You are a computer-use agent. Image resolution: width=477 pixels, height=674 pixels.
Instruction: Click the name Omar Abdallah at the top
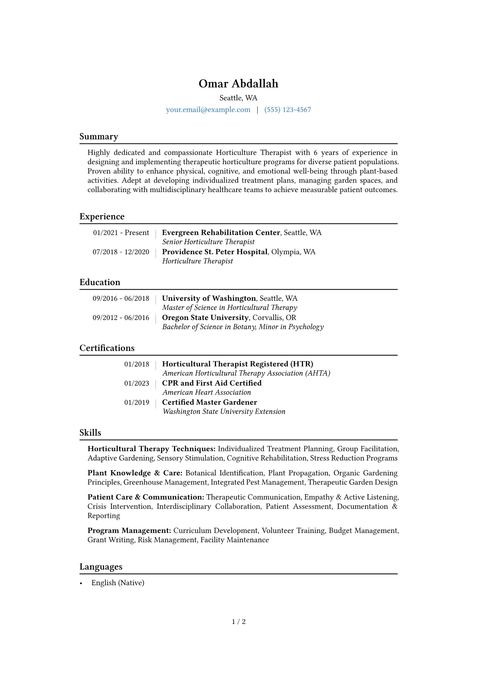(238, 84)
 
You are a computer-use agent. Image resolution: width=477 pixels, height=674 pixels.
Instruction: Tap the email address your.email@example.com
(208, 110)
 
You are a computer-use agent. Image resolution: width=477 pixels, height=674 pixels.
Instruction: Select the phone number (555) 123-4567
(287, 110)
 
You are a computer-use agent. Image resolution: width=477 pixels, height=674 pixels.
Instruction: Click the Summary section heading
(99, 137)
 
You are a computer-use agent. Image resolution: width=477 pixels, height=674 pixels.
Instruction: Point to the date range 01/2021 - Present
(121, 233)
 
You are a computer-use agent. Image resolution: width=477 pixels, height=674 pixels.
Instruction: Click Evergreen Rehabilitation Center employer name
(221, 233)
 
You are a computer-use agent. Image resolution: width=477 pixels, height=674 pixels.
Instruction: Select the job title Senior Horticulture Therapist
(208, 242)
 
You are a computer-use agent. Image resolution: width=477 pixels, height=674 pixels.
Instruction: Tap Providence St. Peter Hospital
(214, 252)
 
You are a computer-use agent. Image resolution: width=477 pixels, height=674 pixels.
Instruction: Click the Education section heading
(100, 282)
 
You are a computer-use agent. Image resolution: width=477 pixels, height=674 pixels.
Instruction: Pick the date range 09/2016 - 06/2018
(121, 298)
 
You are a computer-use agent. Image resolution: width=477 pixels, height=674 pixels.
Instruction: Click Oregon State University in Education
(205, 318)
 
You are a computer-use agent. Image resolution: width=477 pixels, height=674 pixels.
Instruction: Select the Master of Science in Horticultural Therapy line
(230, 308)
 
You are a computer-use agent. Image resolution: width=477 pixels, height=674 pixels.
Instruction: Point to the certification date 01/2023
(136, 383)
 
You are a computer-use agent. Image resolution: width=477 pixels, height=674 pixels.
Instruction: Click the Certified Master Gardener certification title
(209, 402)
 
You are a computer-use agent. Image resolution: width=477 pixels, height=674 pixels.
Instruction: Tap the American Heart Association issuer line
(206, 392)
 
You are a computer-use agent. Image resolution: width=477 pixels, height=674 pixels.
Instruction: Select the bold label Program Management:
(129, 531)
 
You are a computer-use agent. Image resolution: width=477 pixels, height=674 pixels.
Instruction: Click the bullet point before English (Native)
(81, 583)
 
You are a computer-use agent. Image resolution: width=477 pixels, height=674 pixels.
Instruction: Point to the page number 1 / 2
(238, 622)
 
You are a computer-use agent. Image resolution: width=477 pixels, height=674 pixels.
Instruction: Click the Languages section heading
(101, 567)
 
